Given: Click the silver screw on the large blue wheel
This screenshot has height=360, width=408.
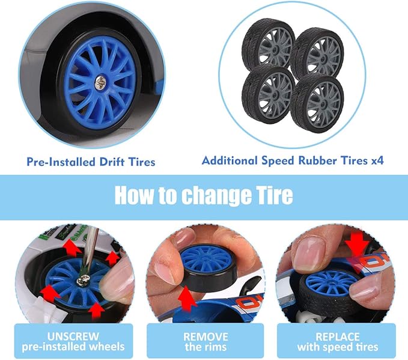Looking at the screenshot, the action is point(100,83).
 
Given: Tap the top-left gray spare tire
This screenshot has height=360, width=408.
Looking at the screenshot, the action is point(267,44).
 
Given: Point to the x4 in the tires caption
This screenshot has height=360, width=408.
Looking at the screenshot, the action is point(377,160).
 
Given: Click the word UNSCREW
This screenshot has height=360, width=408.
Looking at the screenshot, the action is point(73,337).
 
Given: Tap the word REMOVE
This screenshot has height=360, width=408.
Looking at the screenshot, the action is point(206,337).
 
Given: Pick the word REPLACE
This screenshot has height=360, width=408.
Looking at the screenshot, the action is point(338,337).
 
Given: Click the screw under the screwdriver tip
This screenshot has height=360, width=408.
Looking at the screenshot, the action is point(83,280).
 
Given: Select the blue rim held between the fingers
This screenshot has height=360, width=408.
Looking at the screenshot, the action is point(206,259).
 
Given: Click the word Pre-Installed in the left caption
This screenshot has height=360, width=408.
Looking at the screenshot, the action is point(61,162).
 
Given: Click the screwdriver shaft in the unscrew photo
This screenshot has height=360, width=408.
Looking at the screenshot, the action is point(90,251).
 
